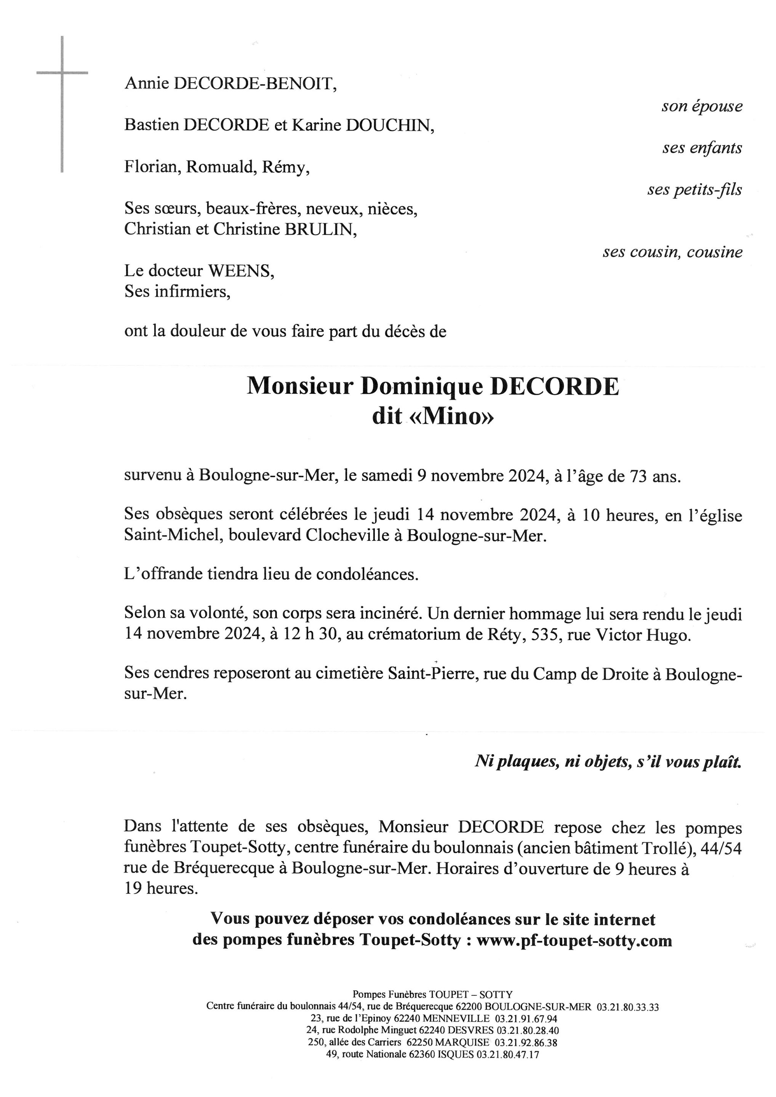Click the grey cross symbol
(62, 73)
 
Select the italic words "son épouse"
(701, 106)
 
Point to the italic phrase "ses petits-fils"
(694, 190)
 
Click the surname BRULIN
(320, 229)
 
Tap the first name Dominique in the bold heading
(422, 387)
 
